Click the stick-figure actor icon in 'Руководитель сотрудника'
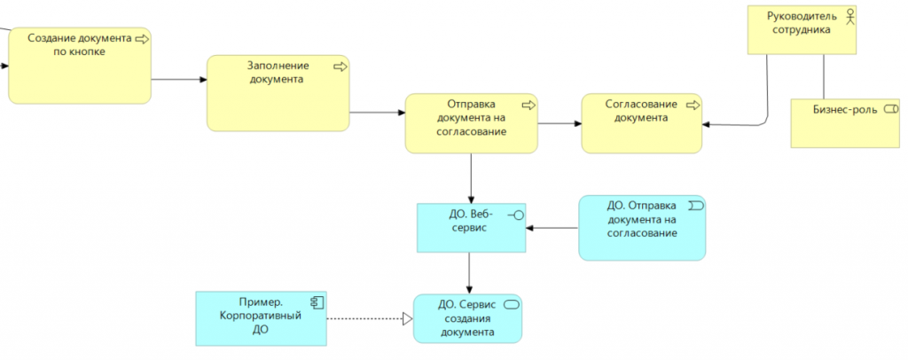849,15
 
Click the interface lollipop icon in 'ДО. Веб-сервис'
515,215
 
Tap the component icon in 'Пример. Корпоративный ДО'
314,300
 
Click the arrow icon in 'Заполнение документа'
339,66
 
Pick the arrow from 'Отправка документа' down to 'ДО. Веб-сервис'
471,177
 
